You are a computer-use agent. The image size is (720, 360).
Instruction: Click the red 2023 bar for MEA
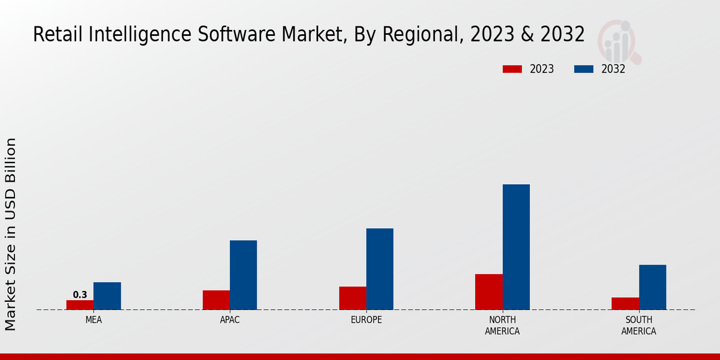point(80,305)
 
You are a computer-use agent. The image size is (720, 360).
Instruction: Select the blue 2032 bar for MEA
point(107,296)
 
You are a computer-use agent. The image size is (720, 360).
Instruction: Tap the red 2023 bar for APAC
point(216,300)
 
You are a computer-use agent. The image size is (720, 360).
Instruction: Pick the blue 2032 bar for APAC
point(243,275)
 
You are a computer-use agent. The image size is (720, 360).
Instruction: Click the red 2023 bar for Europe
point(352,298)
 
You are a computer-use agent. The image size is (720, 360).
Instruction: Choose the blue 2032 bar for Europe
point(380,269)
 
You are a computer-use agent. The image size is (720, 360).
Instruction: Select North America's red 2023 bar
point(488,292)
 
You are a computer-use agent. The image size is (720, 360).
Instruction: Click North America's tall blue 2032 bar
point(516,247)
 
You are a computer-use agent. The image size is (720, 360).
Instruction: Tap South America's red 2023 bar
point(625,304)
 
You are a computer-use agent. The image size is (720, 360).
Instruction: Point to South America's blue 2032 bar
point(652,287)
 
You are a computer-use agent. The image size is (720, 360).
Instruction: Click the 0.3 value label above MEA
point(80,295)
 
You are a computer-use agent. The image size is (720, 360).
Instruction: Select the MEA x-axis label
point(94,320)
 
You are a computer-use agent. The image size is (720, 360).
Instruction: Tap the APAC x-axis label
point(230,320)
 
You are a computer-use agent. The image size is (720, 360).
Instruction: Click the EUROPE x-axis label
point(366,320)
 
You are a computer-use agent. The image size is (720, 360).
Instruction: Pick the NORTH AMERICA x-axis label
point(502,325)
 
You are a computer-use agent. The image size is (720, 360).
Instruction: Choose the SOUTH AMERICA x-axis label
point(638,325)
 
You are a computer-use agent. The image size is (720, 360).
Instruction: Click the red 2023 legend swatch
point(512,69)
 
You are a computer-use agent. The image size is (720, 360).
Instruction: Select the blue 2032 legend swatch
point(583,69)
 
